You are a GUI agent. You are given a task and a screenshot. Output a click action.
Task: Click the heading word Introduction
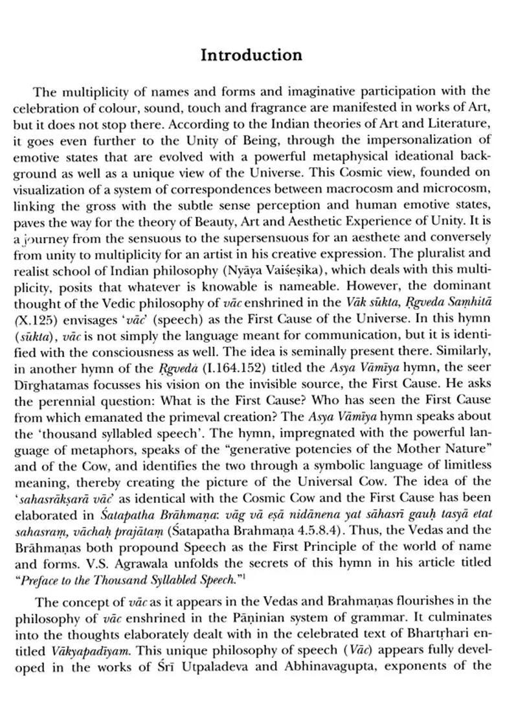(251, 55)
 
